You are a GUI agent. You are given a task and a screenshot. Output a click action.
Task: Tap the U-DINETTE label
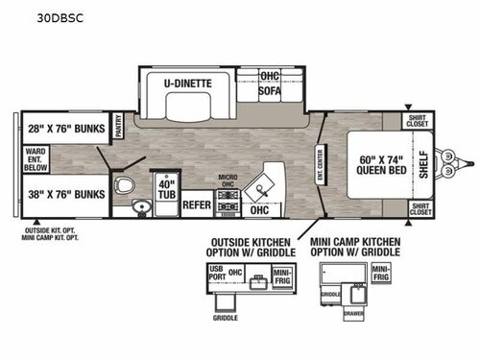click(186, 83)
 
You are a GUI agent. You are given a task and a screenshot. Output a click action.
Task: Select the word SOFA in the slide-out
click(270, 92)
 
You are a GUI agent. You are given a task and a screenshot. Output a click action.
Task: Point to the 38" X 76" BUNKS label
click(63, 192)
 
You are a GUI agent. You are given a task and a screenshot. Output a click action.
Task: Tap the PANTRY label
click(120, 126)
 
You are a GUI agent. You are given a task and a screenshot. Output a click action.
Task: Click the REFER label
click(197, 204)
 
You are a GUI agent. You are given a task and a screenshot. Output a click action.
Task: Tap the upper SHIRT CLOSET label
click(417, 122)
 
